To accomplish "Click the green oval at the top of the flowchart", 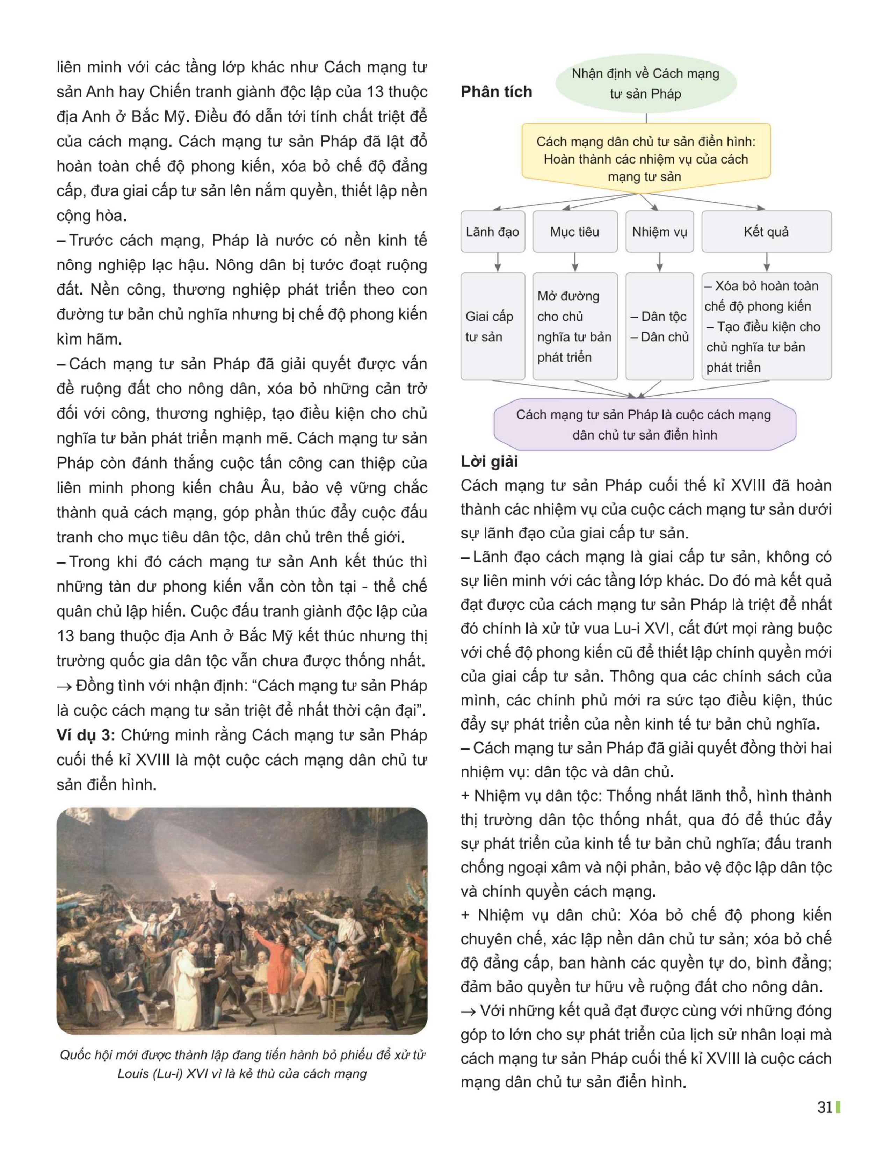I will tap(646, 84).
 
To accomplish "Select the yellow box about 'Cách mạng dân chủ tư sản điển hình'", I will tap(646, 158).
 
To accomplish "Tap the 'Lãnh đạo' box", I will tap(492, 232).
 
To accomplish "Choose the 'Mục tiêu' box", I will tap(574, 232).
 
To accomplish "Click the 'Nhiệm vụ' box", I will tap(659, 232).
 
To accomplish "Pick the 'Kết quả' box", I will tap(766, 232).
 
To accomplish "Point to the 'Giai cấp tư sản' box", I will tap(492, 326).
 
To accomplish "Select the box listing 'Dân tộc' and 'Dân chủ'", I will tap(659, 326).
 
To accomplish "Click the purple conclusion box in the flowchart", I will tap(644, 425).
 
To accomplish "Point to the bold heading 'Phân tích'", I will tap(496, 92).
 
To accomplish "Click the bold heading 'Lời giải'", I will tap(489, 462).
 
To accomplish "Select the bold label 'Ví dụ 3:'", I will tap(86, 735).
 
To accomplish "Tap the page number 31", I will tap(825, 1108).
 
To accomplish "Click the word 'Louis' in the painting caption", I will tap(133, 1074).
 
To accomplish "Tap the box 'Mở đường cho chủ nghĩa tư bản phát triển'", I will tap(574, 326).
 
